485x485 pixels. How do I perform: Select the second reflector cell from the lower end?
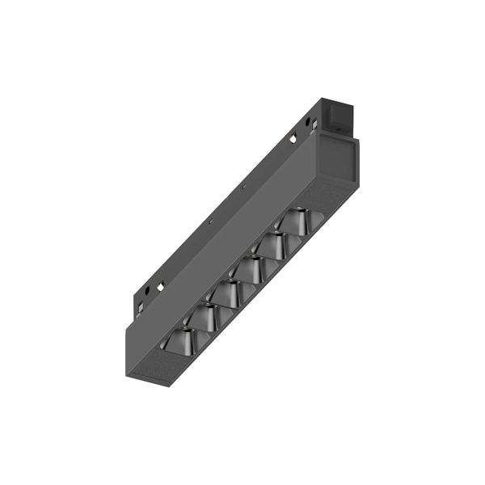point(205,318)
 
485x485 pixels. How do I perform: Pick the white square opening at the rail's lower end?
point(161,285)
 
